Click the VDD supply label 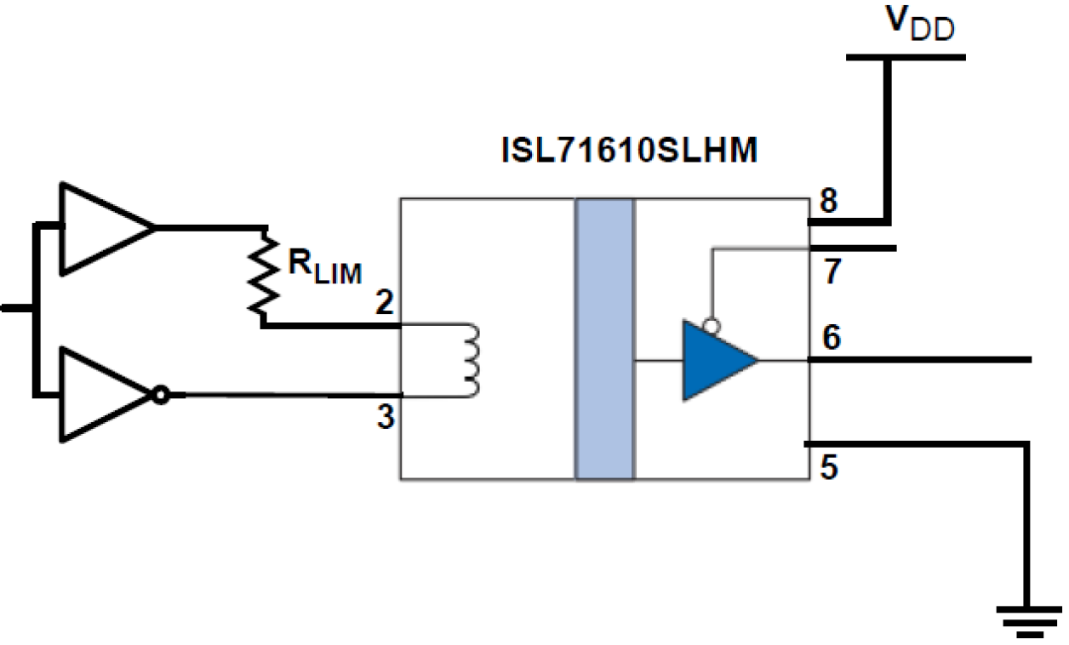(921, 25)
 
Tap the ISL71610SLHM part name (627, 153)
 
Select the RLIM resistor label (324, 267)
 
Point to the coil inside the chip (471, 359)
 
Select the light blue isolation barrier (604, 339)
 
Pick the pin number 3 (386, 419)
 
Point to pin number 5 (830, 466)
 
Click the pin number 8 (829, 201)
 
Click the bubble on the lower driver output (158, 396)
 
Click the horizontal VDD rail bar (906, 58)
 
